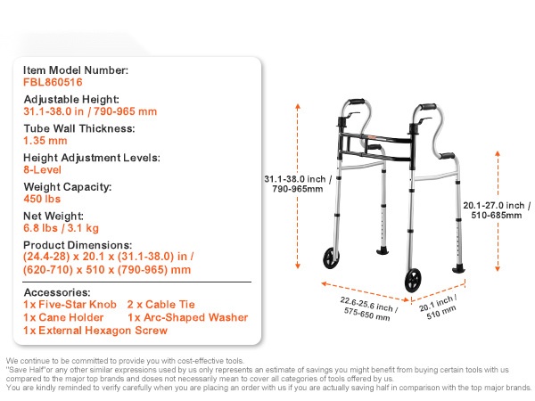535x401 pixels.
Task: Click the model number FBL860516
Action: click(x=53, y=82)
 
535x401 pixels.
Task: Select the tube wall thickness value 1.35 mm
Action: click(x=45, y=141)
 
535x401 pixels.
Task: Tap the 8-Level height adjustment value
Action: click(x=42, y=170)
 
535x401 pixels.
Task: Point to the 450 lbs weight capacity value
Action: click(x=42, y=199)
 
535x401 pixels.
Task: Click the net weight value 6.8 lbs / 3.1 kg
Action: click(x=61, y=228)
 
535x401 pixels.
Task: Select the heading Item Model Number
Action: click(x=76, y=70)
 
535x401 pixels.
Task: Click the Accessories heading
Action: click(x=57, y=292)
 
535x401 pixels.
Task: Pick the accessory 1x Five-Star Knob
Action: click(x=70, y=305)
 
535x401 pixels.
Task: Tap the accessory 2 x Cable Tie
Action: click(x=161, y=305)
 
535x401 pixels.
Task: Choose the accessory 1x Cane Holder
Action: click(x=63, y=317)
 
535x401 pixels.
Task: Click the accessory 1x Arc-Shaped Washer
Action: click(x=188, y=317)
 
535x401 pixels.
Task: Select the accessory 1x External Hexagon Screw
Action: click(x=95, y=331)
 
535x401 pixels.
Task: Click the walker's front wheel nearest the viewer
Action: click(x=413, y=280)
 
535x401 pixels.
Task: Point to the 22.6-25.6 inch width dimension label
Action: click(x=368, y=308)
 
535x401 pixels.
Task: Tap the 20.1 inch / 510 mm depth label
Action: click(x=439, y=307)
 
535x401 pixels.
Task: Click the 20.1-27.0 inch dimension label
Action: click(x=497, y=210)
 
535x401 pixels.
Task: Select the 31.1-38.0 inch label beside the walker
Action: click(x=298, y=184)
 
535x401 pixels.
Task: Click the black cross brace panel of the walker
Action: click(x=376, y=147)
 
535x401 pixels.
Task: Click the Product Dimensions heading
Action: click(x=78, y=245)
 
